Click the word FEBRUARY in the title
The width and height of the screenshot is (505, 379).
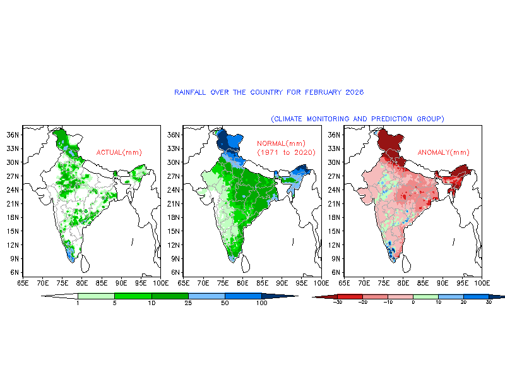[x=324, y=92]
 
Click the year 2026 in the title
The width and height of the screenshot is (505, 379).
[x=355, y=92]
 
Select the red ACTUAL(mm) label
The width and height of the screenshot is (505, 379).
[x=119, y=152]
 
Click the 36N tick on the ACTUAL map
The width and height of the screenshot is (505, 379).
[x=12, y=135]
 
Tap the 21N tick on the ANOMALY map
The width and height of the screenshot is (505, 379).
[x=333, y=203]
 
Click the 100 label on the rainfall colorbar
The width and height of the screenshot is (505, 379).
[x=262, y=304]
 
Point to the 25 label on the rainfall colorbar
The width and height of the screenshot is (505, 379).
[x=188, y=304]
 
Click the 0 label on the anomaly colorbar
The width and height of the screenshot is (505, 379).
[x=413, y=303]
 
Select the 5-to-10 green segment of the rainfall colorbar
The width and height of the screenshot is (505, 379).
[x=133, y=296]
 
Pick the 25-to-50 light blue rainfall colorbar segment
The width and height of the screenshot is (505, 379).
[x=206, y=296]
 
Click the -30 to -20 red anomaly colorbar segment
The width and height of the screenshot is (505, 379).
[x=350, y=296]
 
